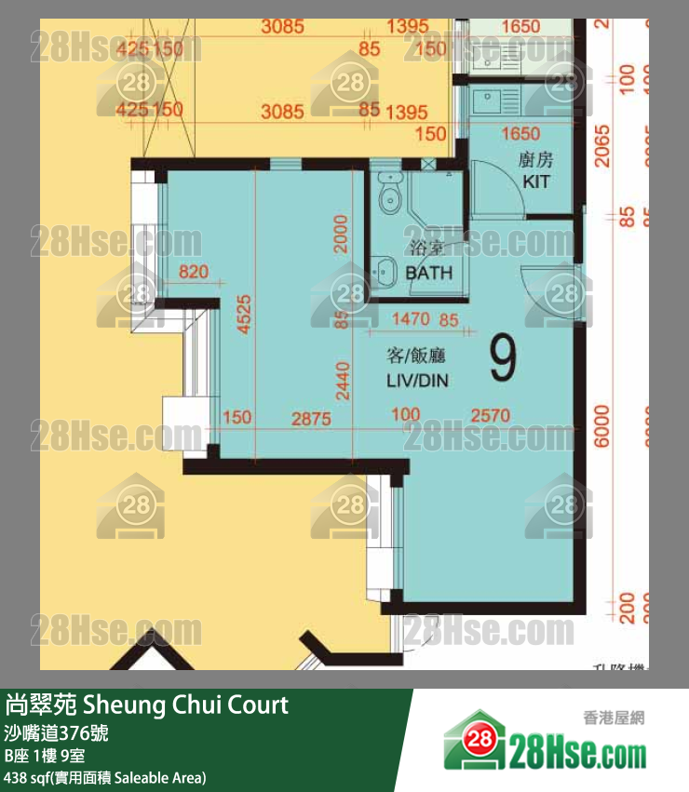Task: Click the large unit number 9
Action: click(x=503, y=359)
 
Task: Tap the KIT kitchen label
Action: click(x=536, y=181)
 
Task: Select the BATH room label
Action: click(x=429, y=273)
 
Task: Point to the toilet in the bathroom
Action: click(x=390, y=193)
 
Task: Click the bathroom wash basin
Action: click(x=383, y=272)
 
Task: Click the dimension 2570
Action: click(x=490, y=416)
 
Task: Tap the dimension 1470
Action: click(x=410, y=319)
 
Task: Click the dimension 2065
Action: click(x=603, y=146)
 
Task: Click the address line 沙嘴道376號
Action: click(x=57, y=733)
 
